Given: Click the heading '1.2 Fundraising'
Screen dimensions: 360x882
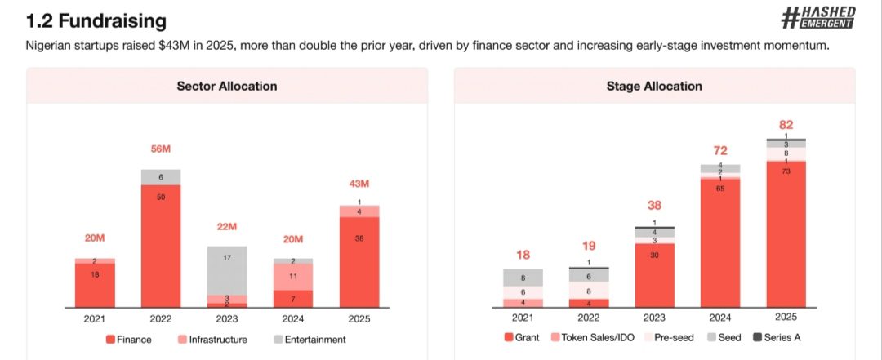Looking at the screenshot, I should [x=96, y=20].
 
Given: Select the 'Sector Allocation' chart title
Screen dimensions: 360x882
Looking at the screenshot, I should [x=227, y=86].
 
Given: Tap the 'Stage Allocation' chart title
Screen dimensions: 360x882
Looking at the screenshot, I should [x=654, y=86].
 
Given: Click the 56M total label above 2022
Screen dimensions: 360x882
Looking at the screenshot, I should [x=160, y=149].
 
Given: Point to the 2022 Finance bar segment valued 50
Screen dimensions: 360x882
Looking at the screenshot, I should [x=160, y=245].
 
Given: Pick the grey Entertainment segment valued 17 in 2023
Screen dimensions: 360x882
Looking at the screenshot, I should [x=227, y=270].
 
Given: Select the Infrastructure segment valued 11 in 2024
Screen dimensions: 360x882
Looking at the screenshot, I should [x=293, y=276].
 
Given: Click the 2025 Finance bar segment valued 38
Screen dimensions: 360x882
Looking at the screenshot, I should [x=359, y=261].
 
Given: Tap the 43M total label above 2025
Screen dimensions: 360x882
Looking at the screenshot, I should [x=359, y=181].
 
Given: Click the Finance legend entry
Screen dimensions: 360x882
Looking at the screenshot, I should [x=127, y=339].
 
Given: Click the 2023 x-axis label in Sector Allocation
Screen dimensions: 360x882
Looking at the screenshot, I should [x=227, y=319].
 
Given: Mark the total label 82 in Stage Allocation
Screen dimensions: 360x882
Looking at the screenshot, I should [x=786, y=124].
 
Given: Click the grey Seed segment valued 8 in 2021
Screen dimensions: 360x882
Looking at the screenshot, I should [x=523, y=278].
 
